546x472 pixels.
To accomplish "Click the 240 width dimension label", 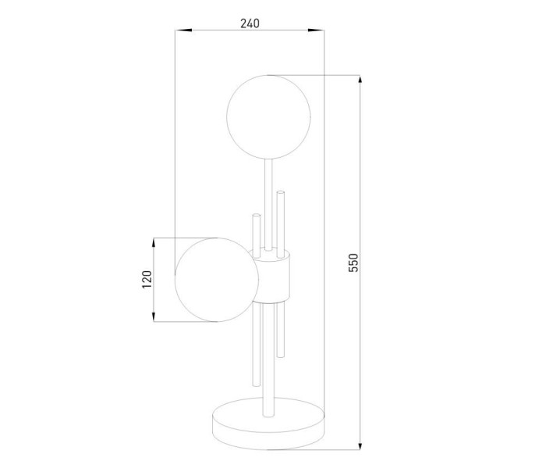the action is [250, 23].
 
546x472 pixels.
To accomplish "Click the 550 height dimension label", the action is [353, 263].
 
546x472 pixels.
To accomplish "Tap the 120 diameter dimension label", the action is [147, 279].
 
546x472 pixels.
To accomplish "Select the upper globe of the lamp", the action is [268, 117].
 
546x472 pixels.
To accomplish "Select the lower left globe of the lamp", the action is [217, 280].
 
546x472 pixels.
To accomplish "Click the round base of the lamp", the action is [268, 424].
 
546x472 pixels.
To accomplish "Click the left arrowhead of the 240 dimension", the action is [183, 30].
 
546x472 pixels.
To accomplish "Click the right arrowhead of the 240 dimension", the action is [316, 30].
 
